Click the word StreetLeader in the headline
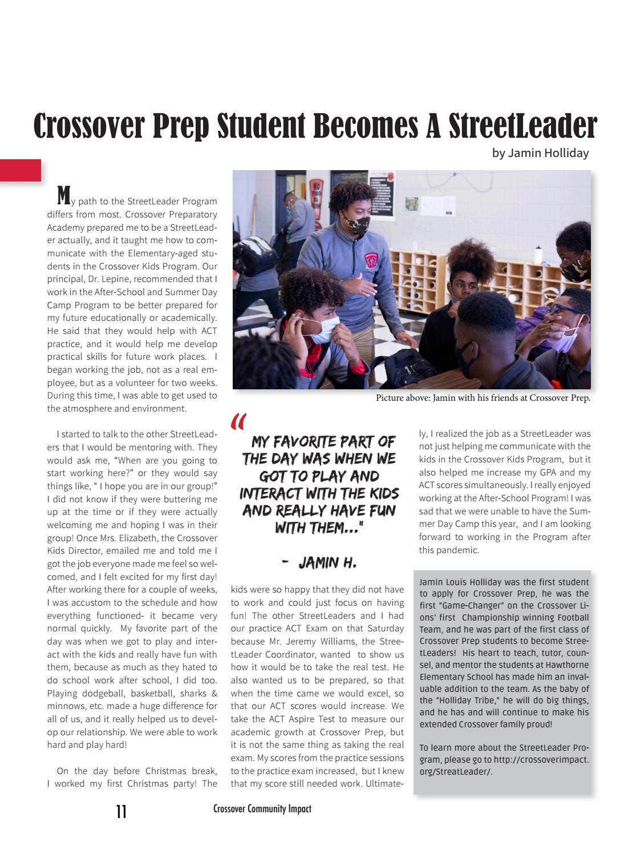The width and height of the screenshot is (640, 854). pos(522,126)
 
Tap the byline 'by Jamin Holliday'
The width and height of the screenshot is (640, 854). pos(540,153)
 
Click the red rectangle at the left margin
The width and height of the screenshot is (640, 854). pos(21,170)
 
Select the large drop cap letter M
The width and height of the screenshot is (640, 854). pos(64,195)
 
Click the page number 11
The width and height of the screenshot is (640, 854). pos(121,811)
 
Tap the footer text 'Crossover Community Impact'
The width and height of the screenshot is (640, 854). pos(262,808)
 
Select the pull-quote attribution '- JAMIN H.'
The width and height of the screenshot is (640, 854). pos(319,563)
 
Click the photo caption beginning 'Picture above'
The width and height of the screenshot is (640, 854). pos(483,398)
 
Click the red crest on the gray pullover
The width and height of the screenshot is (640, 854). pos(371,261)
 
